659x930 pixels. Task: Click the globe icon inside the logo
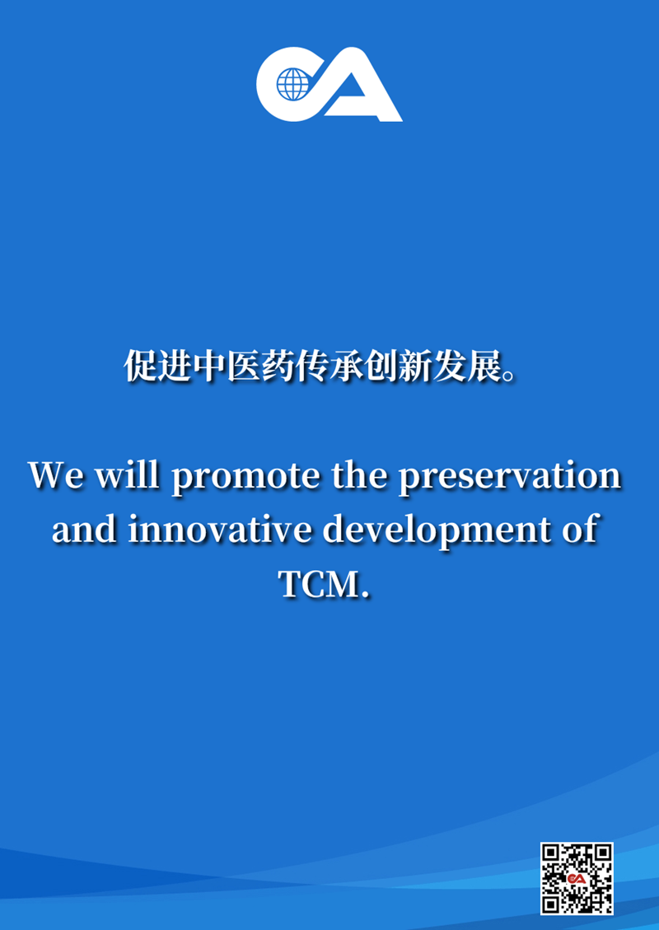(293, 84)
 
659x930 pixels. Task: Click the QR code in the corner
(577, 878)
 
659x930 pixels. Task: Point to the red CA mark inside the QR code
(576, 878)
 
